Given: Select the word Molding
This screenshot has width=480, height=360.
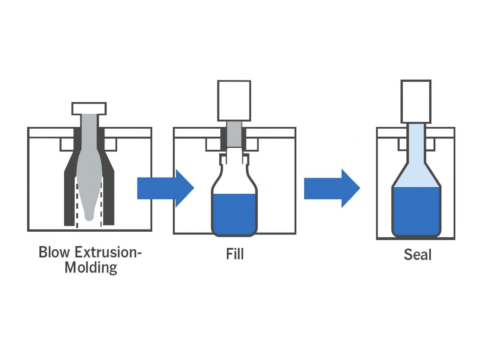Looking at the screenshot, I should point(91,268).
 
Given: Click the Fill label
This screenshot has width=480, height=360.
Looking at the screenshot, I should point(234,254).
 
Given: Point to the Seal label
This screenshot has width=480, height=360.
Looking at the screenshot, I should point(417,255).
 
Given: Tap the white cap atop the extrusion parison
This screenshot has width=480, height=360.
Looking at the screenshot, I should point(89,109).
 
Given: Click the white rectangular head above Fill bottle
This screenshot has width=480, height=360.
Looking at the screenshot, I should point(234,101).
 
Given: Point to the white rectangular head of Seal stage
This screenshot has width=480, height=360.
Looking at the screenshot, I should point(416,101).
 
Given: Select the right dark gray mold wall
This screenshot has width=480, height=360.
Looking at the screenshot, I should point(109,197).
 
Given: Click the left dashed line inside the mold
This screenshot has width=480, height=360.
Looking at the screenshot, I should point(77,204).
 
